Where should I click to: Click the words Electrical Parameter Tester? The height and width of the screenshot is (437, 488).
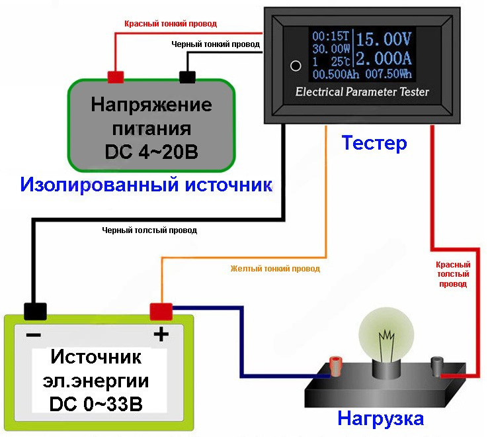362,91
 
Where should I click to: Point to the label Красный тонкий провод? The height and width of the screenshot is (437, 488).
171,24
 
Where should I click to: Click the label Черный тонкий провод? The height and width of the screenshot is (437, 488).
216,44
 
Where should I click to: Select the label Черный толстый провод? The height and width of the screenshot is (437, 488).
149,230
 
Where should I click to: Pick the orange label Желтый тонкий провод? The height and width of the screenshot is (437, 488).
275,269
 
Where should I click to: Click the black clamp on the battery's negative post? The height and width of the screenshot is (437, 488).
35,311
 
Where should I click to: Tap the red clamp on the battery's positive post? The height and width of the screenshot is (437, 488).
161,310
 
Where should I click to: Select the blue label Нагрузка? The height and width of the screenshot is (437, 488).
380,419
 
